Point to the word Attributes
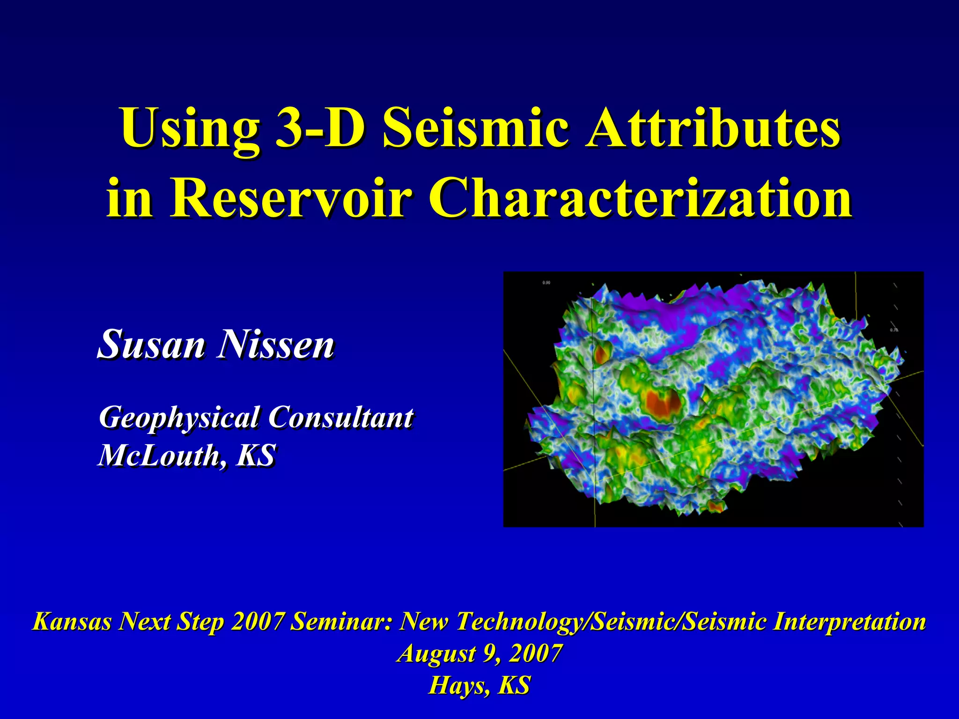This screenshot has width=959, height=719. click(x=714, y=128)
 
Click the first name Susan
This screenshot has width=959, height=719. click(x=151, y=345)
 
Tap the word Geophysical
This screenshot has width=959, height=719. click(x=179, y=418)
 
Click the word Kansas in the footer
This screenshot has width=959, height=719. click(x=72, y=622)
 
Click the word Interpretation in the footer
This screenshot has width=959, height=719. click(x=849, y=622)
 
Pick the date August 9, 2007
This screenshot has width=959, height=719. click(x=479, y=653)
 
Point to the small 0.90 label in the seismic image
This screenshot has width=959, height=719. click(x=546, y=283)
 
